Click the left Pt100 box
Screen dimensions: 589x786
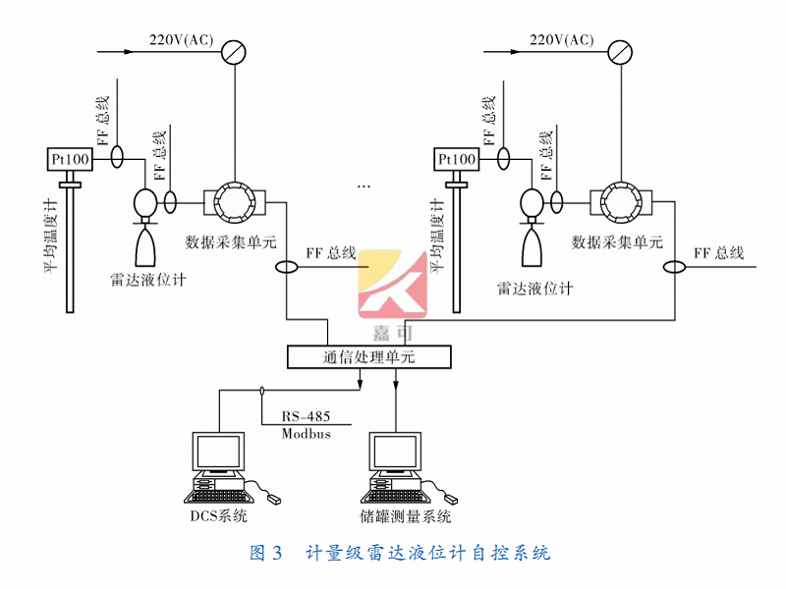(69, 159)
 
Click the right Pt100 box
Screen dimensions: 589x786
(456, 159)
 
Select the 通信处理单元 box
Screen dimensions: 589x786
(368, 357)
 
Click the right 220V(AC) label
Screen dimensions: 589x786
(562, 39)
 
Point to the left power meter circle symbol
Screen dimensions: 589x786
(233, 49)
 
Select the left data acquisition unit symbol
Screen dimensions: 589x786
(233, 202)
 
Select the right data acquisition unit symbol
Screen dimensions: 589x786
(618, 202)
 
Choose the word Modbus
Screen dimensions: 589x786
(306, 433)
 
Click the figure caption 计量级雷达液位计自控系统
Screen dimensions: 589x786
(427, 553)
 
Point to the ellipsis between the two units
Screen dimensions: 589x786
(365, 185)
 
